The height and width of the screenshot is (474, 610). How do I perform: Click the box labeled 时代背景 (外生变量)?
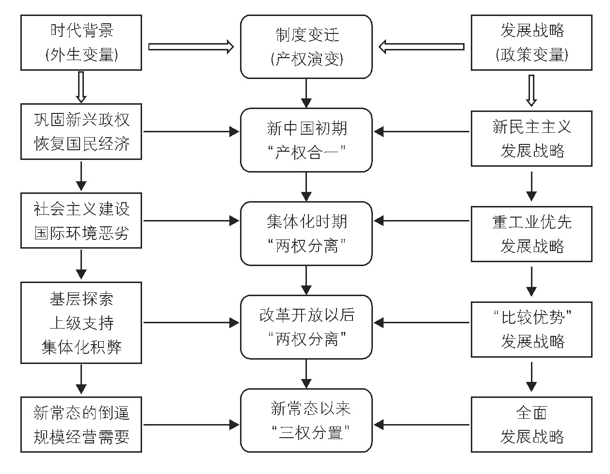tap(81, 43)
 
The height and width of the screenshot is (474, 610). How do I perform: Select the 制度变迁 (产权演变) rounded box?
tap(306, 47)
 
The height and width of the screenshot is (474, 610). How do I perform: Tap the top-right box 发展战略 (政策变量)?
tap(531, 43)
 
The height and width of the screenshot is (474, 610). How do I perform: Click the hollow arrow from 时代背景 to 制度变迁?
tap(191, 47)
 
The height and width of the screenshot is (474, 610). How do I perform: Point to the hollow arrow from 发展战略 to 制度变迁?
tap(422, 47)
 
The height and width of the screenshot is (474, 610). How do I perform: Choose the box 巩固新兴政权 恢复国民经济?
tap(81, 131)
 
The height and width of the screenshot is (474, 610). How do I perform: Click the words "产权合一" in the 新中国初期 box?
tap(306, 153)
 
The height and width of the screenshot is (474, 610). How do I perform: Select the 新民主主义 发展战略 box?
tap(531, 139)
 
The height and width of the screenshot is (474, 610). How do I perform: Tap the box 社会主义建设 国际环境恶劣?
tap(81, 221)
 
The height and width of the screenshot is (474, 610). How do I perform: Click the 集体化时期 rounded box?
tap(306, 234)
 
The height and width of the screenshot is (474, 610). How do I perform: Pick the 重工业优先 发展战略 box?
tap(531, 234)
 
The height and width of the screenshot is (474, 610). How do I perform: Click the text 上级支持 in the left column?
tap(81, 323)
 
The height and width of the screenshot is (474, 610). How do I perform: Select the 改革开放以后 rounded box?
tap(306, 327)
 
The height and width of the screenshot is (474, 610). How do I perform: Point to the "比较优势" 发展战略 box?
tap(531, 329)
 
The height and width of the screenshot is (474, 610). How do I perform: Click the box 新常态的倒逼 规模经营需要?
tap(81, 425)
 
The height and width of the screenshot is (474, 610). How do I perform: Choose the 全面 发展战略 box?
tap(531, 425)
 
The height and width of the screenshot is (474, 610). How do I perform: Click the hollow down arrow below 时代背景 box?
tap(81, 87)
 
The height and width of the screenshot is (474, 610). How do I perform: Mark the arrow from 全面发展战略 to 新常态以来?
tap(422, 425)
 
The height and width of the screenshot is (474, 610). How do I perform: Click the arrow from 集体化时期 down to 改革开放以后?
tap(306, 280)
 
